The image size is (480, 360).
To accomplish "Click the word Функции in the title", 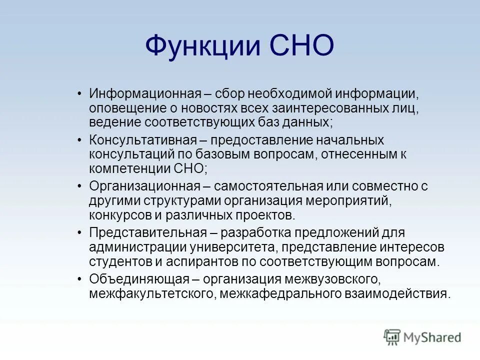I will point(202,46).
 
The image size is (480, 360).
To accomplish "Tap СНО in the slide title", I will point(301,46).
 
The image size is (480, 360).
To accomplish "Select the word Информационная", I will point(145,93).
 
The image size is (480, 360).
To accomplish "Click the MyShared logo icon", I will point(392,337).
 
